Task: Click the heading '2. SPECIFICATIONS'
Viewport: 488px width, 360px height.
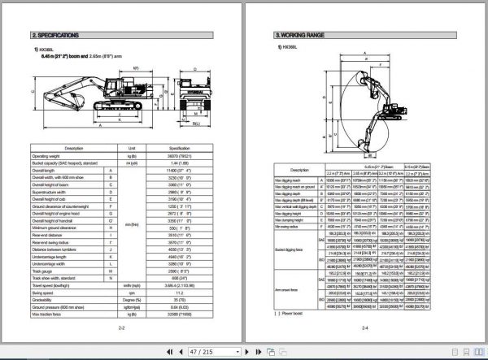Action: [54, 36]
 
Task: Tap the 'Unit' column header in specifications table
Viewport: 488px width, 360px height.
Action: [132, 148]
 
